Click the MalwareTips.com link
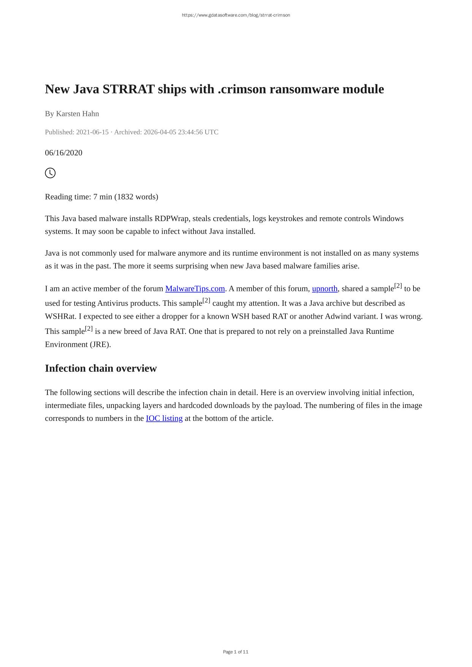[195, 289]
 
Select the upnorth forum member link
[325, 289]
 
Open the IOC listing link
[164, 418]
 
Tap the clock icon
[50, 173]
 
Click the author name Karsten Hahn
[78, 114]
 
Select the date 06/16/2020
[63, 153]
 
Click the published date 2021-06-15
[92, 132]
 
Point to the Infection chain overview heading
[101, 368]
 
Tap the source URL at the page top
[236, 15]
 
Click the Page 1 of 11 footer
[236, 652]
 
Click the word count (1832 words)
[136, 197]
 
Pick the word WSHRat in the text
[60, 316]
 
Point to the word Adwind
[338, 316]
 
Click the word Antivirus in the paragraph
[113, 303]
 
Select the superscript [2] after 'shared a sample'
[398, 286]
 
